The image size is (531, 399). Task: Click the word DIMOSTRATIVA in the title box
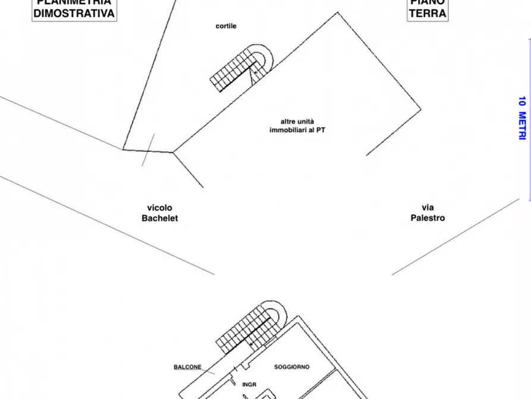tap(74, 14)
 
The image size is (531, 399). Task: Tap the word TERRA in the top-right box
tap(427, 14)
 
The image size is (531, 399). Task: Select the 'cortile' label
tap(226, 26)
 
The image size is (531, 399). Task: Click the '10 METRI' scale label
tap(521, 118)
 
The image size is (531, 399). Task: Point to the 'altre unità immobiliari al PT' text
tap(297, 126)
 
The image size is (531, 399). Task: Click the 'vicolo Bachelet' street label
tap(159, 213)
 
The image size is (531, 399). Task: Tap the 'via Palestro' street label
tap(428, 213)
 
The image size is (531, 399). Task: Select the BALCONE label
tap(187, 367)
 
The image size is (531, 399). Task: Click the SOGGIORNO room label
tap(291, 367)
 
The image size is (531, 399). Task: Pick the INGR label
tap(249, 385)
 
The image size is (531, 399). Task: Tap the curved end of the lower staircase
tap(277, 314)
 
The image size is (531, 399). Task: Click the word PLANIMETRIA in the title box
tap(74, 2)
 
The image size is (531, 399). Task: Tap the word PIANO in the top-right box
tap(427, 2)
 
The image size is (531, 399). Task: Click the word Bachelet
tap(159, 219)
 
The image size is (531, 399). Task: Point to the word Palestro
tap(428, 219)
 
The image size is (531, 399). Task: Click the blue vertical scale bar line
tap(530, 119)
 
